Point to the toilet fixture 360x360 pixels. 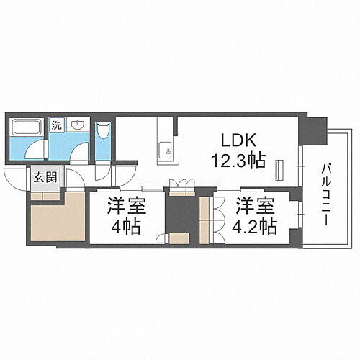103,132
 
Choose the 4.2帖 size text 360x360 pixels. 256,226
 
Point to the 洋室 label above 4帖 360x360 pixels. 125,205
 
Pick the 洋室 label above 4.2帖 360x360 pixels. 256,205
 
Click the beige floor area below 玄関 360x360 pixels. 56,220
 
